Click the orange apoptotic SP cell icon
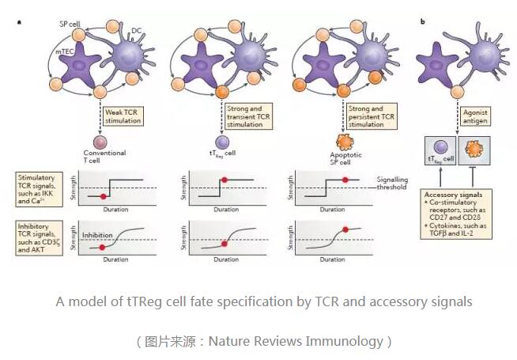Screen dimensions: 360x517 [344, 143]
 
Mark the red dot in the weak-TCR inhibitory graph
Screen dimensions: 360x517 [102, 248]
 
